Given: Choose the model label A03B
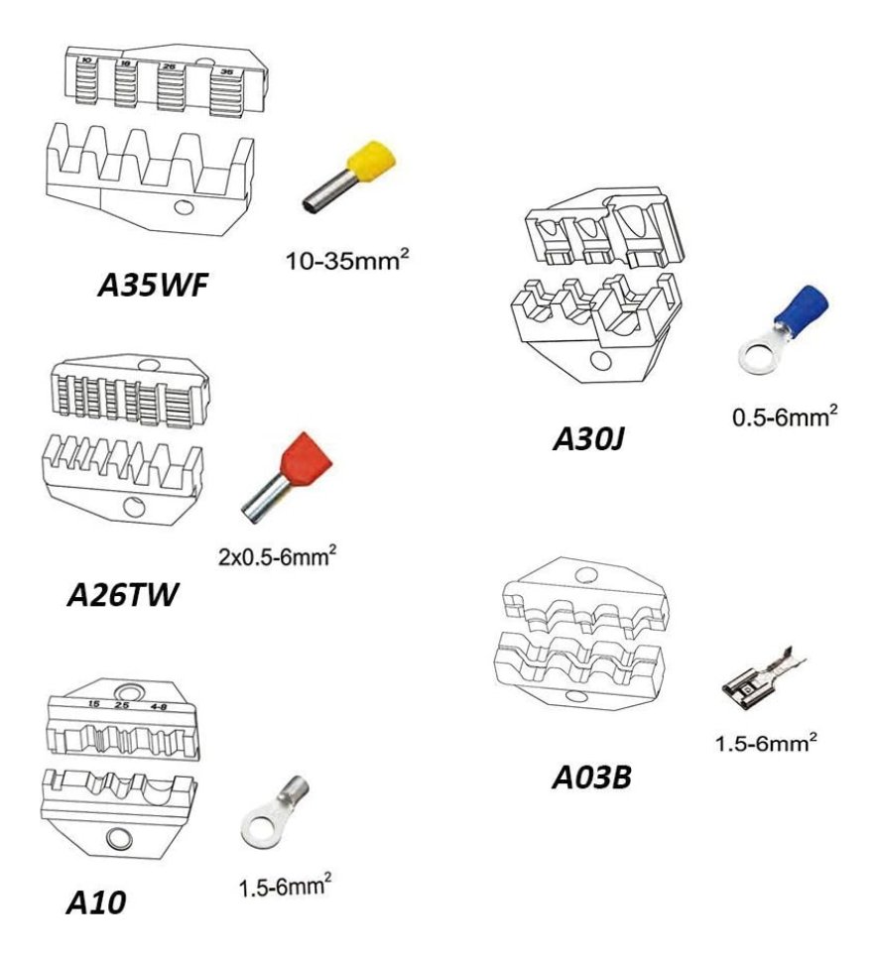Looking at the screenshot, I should click(593, 777).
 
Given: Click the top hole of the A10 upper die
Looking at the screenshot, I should click(126, 691).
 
